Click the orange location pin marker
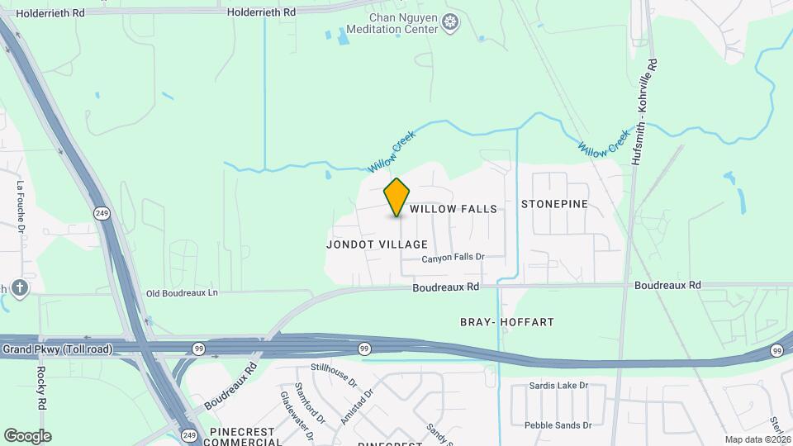click(x=397, y=197)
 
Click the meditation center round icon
click(x=451, y=23)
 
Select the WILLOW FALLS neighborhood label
click(x=453, y=209)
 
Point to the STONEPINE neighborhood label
click(x=554, y=203)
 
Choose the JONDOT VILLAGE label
click(x=377, y=244)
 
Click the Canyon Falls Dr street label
click(x=452, y=258)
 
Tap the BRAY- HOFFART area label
click(x=506, y=321)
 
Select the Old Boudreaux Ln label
click(x=182, y=293)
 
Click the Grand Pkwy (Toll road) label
click(x=57, y=349)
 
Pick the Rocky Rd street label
click(x=40, y=388)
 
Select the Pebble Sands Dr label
click(x=557, y=425)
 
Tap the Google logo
click(x=26, y=436)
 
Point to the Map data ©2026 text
click(x=757, y=439)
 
